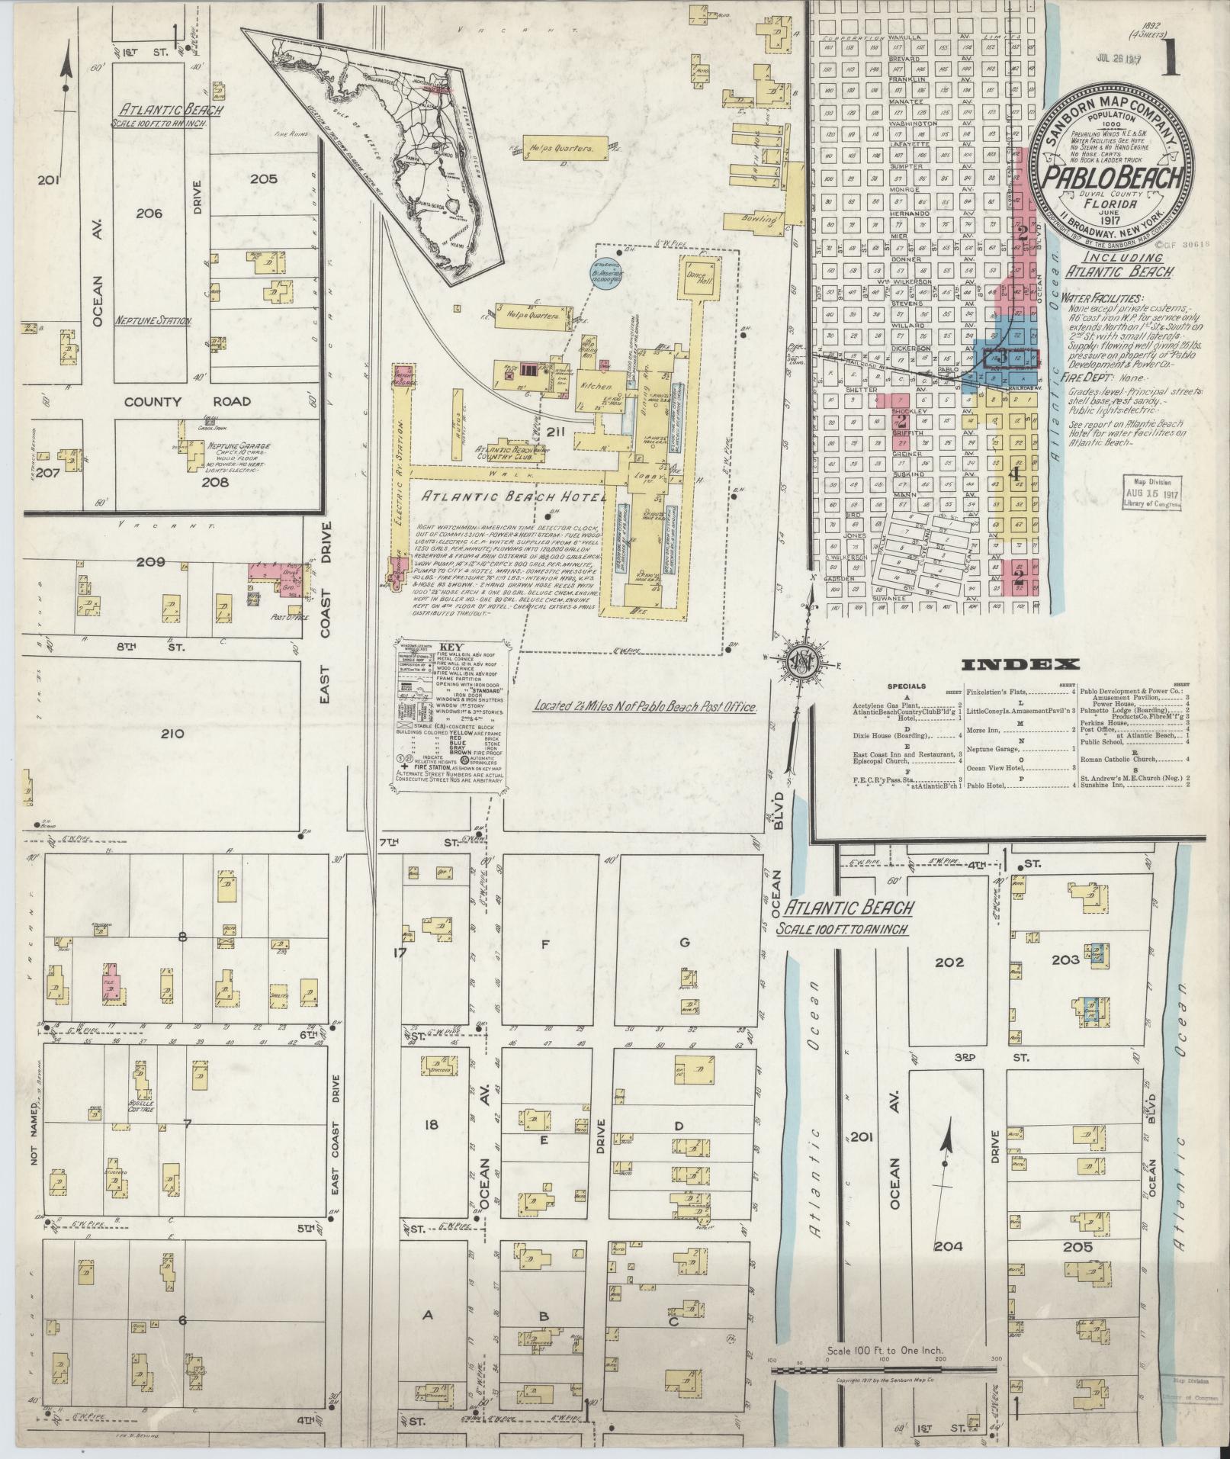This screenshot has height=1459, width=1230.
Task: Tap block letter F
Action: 544,943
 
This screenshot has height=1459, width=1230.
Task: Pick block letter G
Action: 684,943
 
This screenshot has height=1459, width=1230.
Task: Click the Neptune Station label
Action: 154,322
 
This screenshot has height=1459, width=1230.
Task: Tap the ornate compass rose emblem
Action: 803,660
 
